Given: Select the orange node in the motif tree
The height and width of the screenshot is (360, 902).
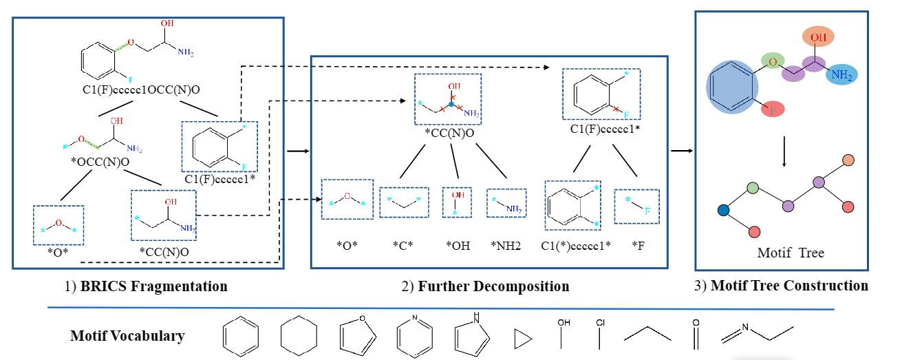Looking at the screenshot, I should [848, 160].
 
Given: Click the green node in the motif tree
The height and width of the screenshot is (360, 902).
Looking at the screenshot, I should [753, 187].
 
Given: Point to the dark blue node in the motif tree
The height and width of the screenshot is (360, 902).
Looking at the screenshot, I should [723, 210].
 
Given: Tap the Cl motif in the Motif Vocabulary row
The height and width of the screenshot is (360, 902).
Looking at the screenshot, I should [600, 333].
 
